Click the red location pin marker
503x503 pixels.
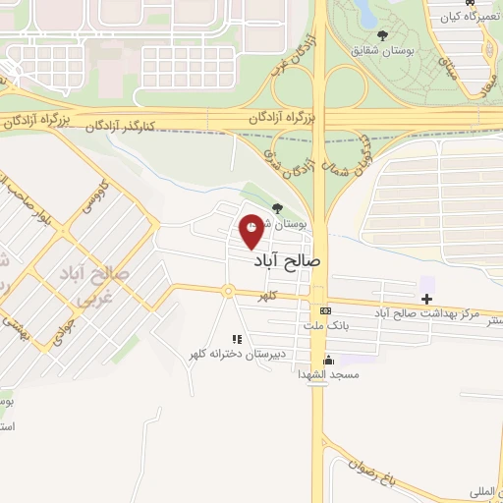pos(252,231)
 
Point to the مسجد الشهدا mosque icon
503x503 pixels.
pos(327,359)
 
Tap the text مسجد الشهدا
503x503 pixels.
pos(331,374)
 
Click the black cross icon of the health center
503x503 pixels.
pos(426,298)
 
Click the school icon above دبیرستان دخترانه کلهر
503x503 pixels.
pos(236,339)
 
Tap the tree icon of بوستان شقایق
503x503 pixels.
pos(382,36)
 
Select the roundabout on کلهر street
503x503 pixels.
pos(228,292)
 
